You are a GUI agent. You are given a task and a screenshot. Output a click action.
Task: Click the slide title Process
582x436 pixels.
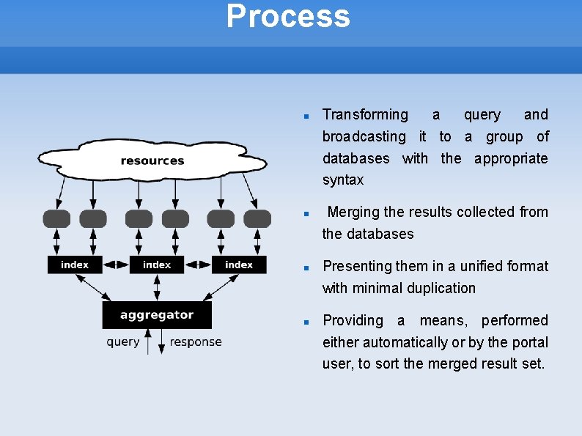coord(288,16)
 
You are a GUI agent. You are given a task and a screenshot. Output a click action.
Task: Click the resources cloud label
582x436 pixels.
coord(152,161)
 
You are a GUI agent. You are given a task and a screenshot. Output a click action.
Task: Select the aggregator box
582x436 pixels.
coord(157,315)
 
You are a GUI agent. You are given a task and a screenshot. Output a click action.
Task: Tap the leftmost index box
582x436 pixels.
coord(75,265)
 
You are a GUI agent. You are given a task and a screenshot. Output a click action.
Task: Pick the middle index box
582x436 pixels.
coord(157,265)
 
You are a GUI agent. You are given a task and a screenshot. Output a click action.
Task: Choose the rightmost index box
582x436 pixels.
coord(239,265)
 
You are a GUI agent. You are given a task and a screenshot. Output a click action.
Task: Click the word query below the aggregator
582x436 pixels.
coord(123,342)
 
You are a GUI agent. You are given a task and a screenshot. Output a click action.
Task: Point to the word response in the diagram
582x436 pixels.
coord(195,342)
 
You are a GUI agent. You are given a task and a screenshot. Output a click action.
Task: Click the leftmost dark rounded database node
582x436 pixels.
coord(57,218)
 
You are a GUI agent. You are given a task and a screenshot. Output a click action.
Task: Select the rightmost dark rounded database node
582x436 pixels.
coord(257,218)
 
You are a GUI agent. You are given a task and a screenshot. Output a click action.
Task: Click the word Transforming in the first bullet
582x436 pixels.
coord(365,114)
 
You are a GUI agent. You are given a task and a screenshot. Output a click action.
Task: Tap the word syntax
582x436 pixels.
coord(343,180)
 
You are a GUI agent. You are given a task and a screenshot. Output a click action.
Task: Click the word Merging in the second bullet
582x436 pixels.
coord(353,213)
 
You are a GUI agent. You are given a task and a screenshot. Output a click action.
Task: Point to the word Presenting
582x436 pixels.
coord(357,266)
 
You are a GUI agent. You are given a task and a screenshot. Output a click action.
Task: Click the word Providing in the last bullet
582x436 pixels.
coord(353,320)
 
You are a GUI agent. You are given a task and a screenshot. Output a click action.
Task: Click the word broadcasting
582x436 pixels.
coord(364,136)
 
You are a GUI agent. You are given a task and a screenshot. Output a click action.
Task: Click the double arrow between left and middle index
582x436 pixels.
coord(116,265)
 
